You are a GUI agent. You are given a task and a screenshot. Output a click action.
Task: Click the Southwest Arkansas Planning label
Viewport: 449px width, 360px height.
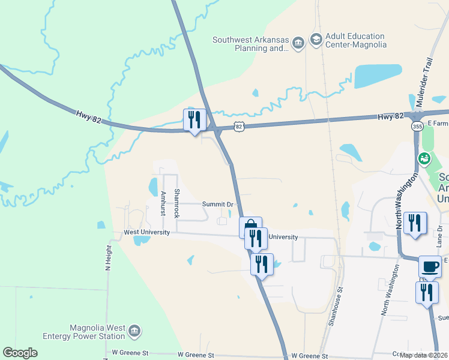(x=249, y=44)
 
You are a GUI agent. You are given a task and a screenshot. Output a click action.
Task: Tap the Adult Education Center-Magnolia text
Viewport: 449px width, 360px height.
(x=356, y=40)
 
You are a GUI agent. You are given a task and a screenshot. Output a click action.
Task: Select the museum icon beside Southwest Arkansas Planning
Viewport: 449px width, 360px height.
(x=298, y=44)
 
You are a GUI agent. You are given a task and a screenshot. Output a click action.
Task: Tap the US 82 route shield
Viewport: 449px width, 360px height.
(x=240, y=127)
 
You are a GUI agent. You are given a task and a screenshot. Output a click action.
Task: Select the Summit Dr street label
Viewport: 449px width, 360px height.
(x=217, y=205)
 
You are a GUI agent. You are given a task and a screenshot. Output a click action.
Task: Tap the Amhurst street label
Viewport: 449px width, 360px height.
(x=163, y=203)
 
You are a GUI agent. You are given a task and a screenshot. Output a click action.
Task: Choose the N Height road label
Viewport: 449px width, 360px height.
(x=109, y=258)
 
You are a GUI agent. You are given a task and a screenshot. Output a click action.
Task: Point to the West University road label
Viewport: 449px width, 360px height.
(x=146, y=232)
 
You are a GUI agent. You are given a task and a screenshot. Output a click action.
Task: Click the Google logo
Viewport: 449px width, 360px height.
(x=20, y=353)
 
